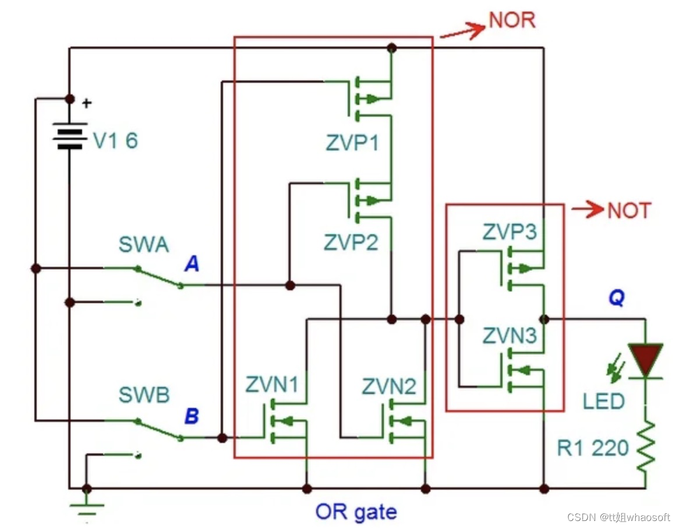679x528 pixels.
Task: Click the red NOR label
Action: click(x=512, y=20)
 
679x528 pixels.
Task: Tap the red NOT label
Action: click(x=630, y=210)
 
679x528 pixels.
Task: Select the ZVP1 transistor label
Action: click(x=352, y=143)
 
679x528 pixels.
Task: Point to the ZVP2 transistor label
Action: click(x=351, y=242)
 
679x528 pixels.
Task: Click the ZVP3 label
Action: click(x=510, y=231)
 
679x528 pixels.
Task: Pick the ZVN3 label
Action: click(x=510, y=336)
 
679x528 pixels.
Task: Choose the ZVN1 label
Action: click(x=272, y=384)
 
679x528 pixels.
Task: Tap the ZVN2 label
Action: click(x=389, y=386)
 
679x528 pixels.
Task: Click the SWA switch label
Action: click(x=144, y=245)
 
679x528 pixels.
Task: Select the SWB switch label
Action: click(x=144, y=395)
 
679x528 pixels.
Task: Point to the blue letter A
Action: click(x=192, y=263)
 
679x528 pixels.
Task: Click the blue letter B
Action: click(x=192, y=416)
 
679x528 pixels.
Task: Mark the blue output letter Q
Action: click(x=617, y=297)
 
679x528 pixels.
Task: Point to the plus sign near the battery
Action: click(x=87, y=103)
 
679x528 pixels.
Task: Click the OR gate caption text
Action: click(x=356, y=512)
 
